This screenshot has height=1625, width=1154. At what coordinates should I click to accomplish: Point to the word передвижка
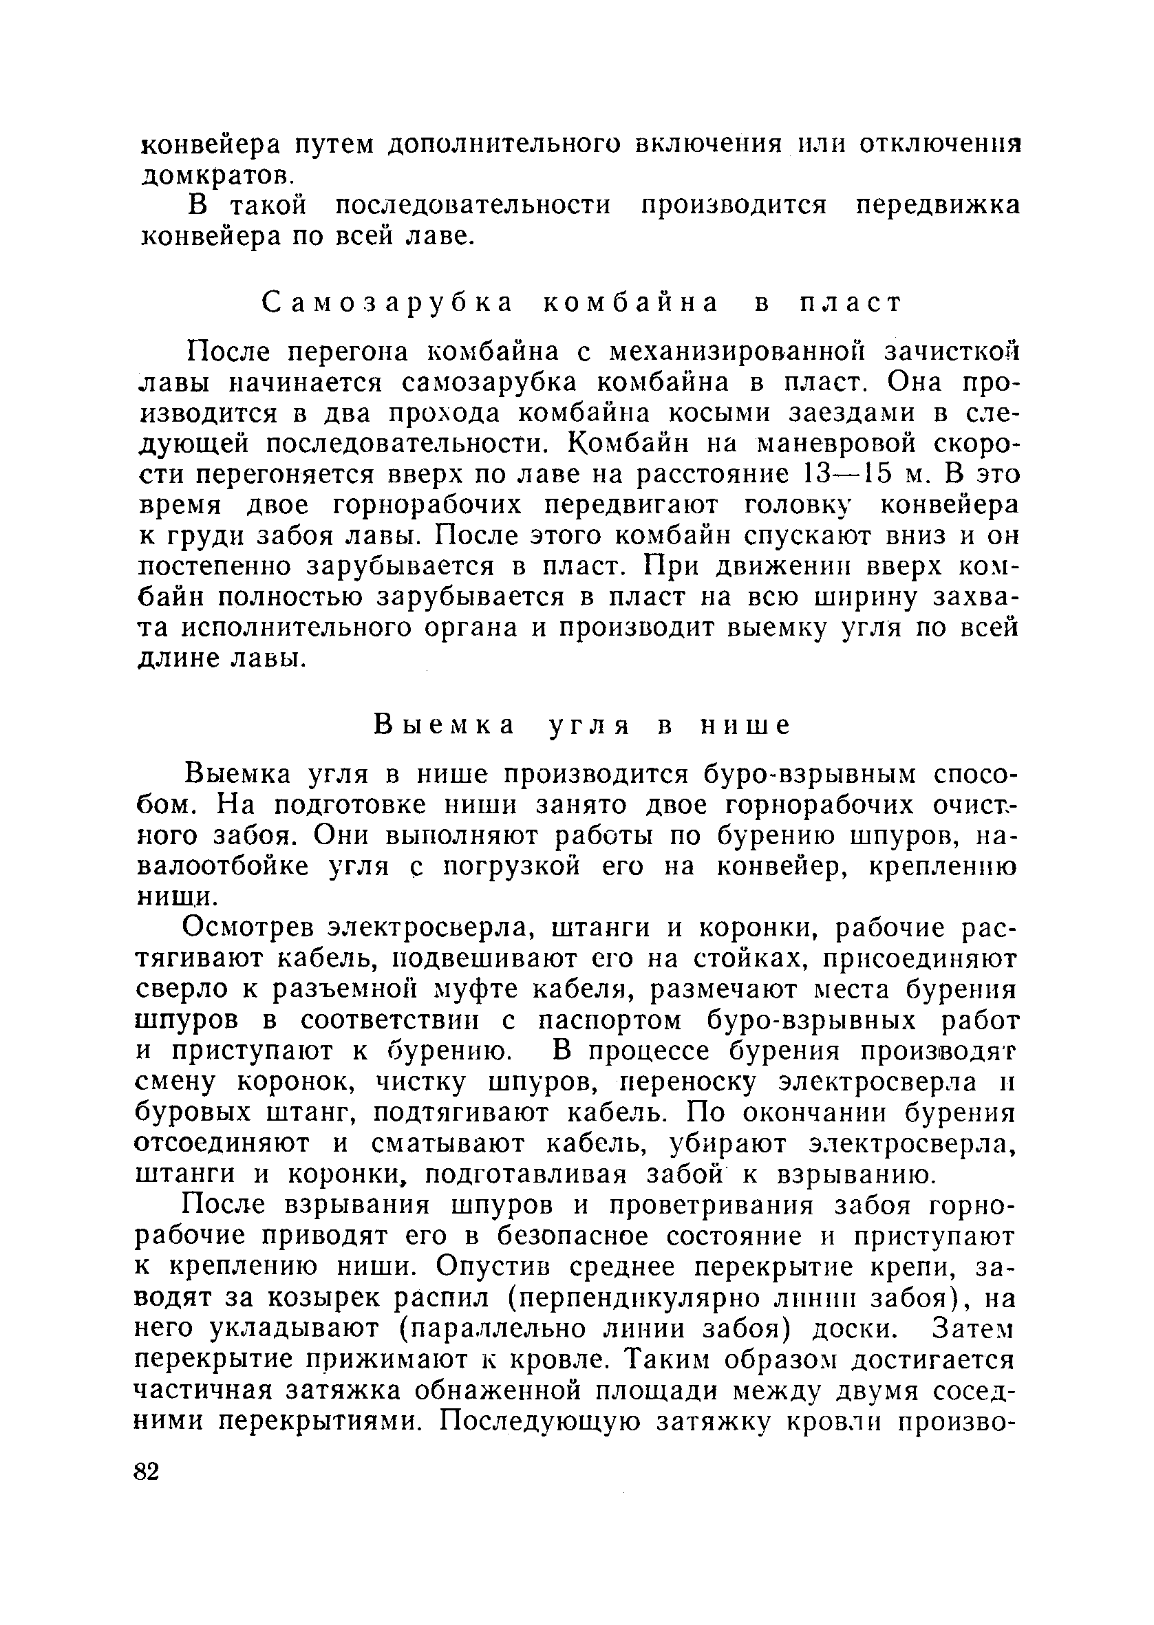937,205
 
